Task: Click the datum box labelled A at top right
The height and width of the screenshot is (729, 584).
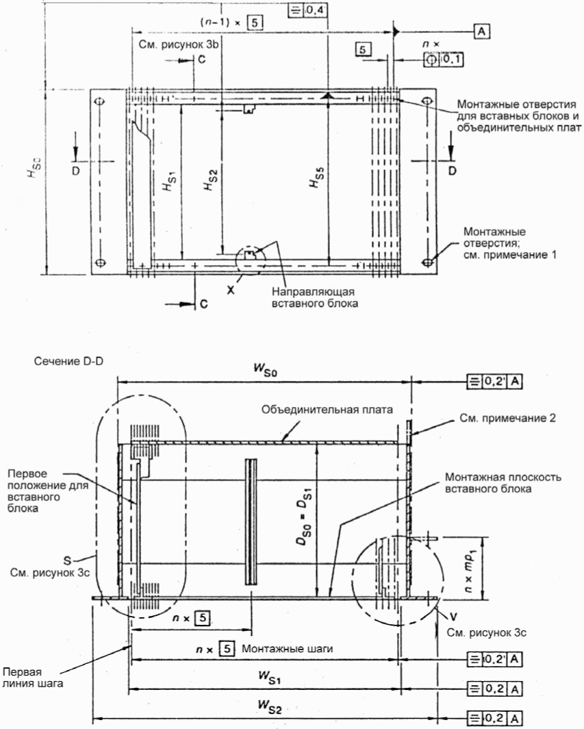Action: pyautogui.click(x=482, y=32)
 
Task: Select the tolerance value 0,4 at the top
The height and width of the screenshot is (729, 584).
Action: pyautogui.click(x=316, y=10)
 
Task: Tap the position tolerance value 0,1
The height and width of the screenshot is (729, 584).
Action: pyautogui.click(x=450, y=59)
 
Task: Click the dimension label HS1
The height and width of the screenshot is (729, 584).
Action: pyautogui.click(x=168, y=180)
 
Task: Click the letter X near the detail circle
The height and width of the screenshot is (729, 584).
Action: pyautogui.click(x=231, y=289)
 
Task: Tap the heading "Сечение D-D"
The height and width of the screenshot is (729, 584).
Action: pyautogui.click(x=68, y=361)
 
